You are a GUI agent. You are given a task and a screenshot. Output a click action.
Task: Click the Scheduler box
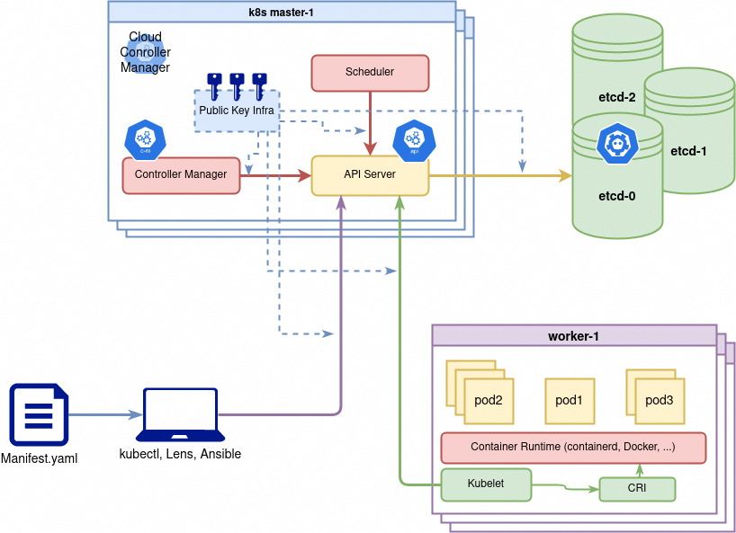click(x=370, y=72)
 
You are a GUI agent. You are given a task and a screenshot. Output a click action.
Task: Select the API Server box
click(x=370, y=174)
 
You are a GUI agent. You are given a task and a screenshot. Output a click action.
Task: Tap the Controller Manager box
click(x=181, y=174)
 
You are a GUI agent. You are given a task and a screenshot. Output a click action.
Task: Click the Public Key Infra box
click(x=237, y=111)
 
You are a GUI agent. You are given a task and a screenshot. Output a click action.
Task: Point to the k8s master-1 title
click(x=282, y=12)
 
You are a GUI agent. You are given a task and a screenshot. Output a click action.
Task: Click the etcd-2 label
click(x=617, y=97)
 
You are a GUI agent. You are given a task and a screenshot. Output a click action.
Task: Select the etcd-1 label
click(x=688, y=151)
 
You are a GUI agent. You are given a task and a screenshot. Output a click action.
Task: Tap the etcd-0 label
click(x=617, y=194)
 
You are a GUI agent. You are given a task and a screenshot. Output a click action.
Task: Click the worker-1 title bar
click(x=573, y=336)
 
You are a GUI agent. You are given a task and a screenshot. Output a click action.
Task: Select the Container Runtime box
click(x=573, y=447)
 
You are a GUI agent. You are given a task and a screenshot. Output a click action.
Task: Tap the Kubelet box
click(x=486, y=484)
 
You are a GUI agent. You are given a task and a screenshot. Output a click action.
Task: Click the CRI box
click(x=636, y=489)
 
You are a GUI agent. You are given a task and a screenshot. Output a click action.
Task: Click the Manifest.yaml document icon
click(x=38, y=414)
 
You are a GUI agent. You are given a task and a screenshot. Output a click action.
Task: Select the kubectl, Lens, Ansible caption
click(x=180, y=454)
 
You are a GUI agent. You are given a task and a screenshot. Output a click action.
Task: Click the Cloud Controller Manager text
click(x=145, y=52)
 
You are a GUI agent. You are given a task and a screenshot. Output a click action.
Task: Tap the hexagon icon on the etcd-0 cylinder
click(x=617, y=144)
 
